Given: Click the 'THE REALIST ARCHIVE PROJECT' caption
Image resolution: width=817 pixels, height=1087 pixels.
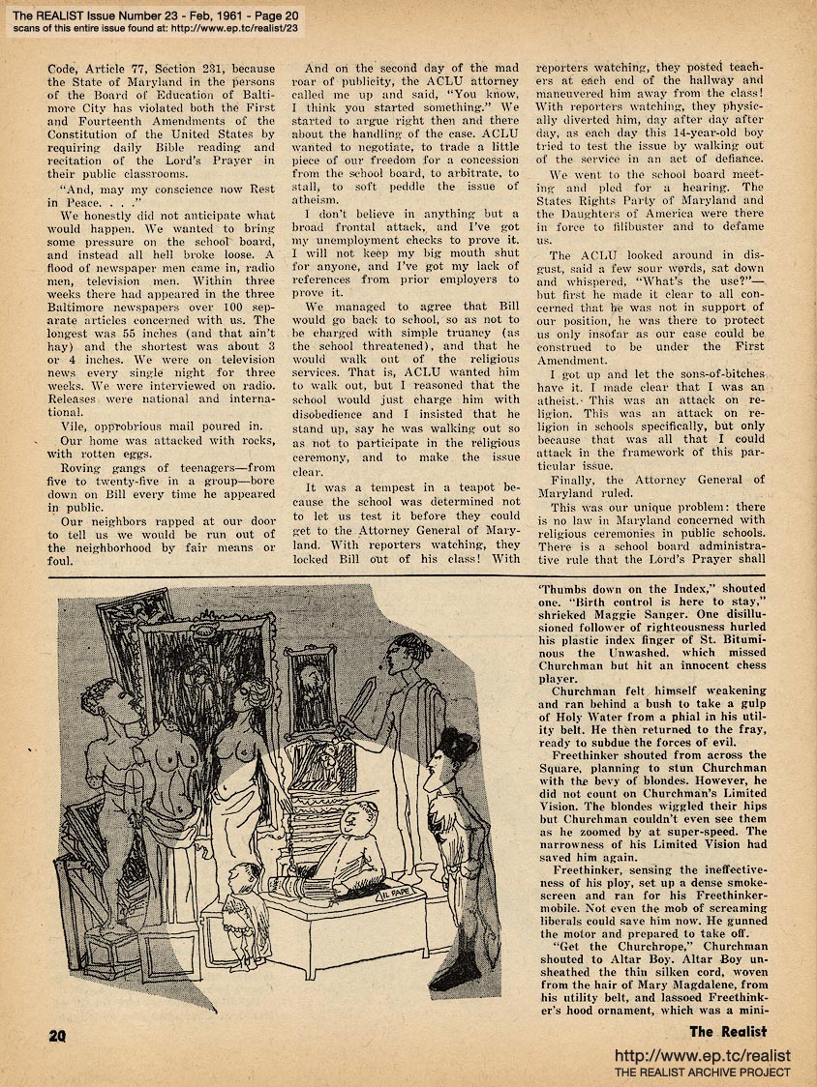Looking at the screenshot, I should click(703, 1072).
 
